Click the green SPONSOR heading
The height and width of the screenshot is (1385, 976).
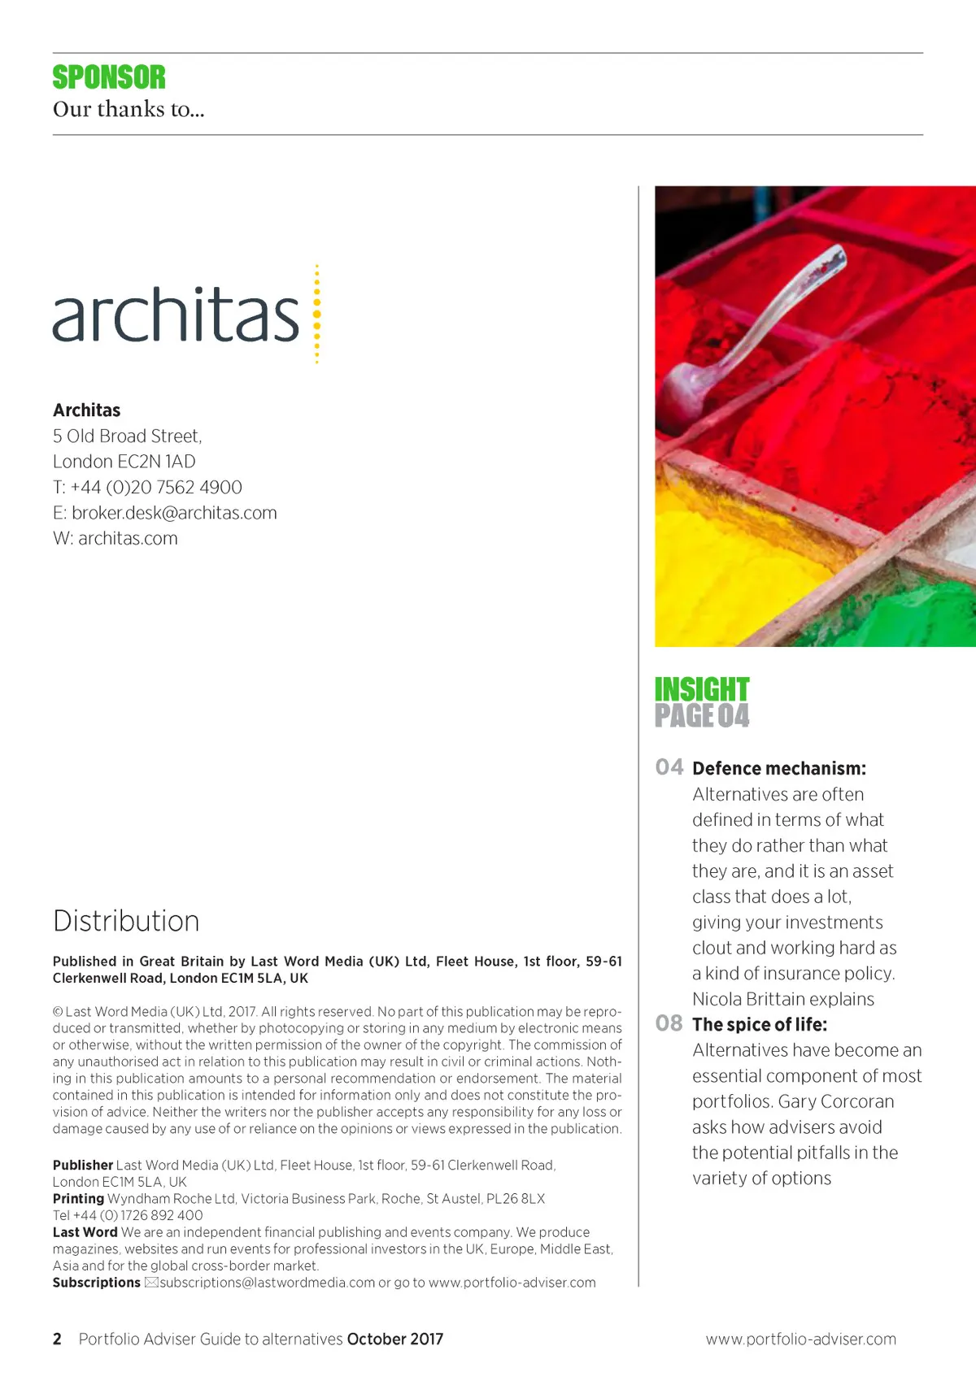coord(109,77)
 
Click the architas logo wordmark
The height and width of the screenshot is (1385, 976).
coord(176,315)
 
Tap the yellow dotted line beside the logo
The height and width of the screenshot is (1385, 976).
coord(316,314)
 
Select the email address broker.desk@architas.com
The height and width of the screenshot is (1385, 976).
coord(174,513)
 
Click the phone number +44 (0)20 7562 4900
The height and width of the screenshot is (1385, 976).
coord(156,487)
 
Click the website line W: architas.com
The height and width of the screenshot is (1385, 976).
coord(115,538)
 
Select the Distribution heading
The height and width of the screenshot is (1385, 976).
coord(126,921)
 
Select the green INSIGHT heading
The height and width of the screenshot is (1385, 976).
coord(702,689)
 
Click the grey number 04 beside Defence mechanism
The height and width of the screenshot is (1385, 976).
coord(669,767)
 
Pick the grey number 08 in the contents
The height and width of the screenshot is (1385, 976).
coord(669,1023)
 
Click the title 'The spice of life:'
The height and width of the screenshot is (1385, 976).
coord(760,1024)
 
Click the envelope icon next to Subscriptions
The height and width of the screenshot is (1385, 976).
coord(151,1283)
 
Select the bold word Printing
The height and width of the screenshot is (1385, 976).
coord(78,1198)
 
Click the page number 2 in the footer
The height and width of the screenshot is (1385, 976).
coord(57,1339)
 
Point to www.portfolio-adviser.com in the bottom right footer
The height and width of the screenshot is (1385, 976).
coord(800,1339)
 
